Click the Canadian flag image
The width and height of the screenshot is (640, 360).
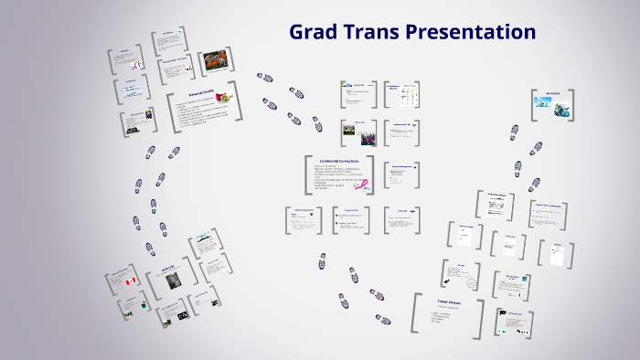pyautogui.click(x=130, y=281)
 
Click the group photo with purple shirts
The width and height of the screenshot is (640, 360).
pyautogui.click(x=368, y=139)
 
